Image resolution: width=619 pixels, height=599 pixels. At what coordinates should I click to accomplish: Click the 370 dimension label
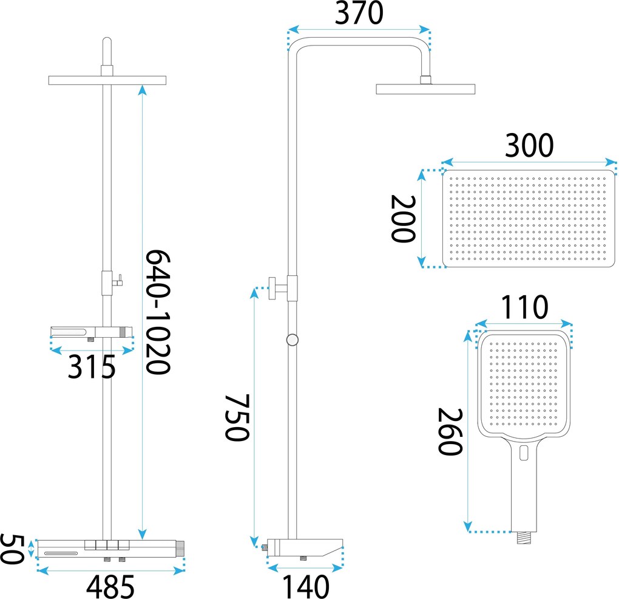click(359, 13)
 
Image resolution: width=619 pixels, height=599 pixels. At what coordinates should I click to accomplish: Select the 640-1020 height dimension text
click(158, 312)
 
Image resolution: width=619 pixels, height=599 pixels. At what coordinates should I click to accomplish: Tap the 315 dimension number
click(92, 367)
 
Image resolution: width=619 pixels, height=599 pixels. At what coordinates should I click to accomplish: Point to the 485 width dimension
click(110, 586)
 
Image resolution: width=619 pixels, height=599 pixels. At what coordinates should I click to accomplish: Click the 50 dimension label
click(12, 549)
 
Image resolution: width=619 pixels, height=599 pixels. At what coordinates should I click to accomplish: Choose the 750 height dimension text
click(237, 417)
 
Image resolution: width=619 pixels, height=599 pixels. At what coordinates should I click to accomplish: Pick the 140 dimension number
click(305, 587)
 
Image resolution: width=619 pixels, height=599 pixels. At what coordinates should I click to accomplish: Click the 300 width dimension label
click(529, 145)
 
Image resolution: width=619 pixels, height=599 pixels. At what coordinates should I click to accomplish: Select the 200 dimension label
click(403, 219)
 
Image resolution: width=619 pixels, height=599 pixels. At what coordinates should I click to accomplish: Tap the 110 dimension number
click(524, 307)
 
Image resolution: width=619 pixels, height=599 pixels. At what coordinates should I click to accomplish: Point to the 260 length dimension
click(450, 432)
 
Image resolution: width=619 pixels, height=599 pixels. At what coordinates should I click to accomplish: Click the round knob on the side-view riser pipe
click(292, 340)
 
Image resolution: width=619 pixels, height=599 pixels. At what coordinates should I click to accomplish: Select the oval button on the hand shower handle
click(524, 453)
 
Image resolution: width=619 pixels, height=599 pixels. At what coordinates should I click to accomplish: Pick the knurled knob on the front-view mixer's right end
click(180, 549)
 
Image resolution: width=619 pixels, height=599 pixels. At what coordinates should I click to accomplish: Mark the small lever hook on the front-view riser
click(118, 281)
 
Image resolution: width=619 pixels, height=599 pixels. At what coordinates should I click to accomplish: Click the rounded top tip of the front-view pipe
click(107, 39)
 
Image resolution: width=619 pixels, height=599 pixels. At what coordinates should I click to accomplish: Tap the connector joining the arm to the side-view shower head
click(425, 80)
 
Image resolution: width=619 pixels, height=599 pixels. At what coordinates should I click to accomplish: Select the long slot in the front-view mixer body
click(61, 553)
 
